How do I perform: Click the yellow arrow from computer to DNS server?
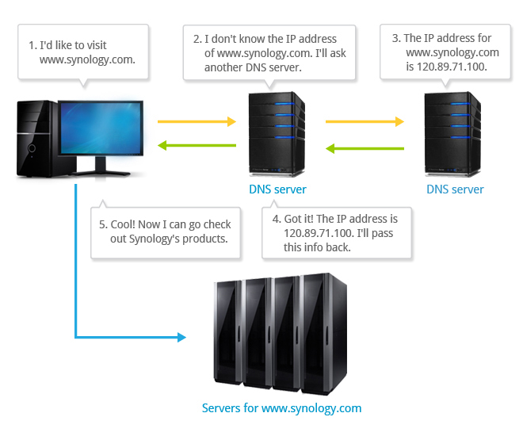197,122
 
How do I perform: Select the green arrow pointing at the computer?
197,146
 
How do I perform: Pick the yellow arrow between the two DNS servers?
365,122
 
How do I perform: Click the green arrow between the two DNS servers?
365,148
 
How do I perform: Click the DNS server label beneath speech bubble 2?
277,189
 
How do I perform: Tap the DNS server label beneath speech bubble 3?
455,189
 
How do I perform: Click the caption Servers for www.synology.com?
281,409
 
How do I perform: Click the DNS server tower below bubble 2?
277,135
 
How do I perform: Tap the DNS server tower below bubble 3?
453,135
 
